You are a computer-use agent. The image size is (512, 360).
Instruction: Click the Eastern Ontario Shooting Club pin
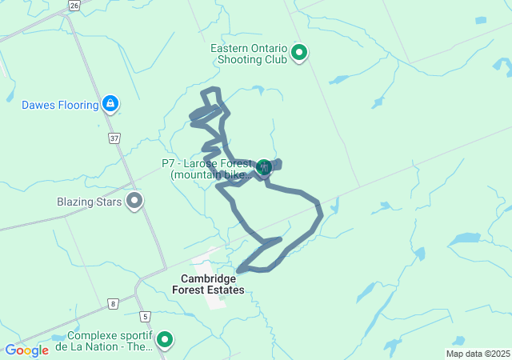299,54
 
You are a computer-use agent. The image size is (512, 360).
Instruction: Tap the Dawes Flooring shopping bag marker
110,103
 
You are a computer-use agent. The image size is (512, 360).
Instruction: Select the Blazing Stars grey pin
134,201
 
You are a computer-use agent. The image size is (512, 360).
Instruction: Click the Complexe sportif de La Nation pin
165,340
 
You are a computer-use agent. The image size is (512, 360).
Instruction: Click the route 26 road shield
74,5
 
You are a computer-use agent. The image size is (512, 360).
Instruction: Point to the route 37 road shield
114,138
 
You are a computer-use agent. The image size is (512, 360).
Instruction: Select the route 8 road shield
114,303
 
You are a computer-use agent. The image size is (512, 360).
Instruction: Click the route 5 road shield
144,316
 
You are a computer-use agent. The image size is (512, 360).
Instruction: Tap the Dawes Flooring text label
60,105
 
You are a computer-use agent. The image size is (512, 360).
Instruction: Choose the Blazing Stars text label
89,202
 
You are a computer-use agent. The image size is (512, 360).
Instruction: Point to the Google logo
26,350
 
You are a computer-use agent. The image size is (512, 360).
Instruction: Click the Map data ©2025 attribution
478,354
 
